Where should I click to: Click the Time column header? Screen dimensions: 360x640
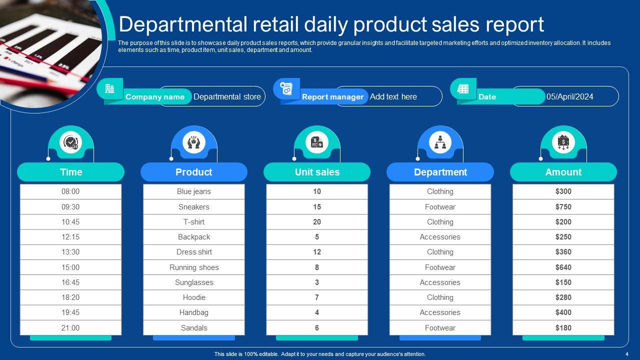click(x=70, y=172)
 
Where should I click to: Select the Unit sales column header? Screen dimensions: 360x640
click(x=317, y=172)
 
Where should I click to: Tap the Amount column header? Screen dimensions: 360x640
click(x=563, y=172)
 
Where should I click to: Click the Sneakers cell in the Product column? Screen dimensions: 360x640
click(x=194, y=207)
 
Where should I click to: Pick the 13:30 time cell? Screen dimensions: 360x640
click(x=70, y=252)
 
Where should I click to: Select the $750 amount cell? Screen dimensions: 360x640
click(x=563, y=207)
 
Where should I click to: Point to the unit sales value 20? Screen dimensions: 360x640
click(x=317, y=222)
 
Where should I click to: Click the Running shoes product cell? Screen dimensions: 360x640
click(x=194, y=267)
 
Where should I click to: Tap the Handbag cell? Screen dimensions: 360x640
click(x=194, y=312)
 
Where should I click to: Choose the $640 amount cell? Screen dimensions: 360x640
click(x=563, y=267)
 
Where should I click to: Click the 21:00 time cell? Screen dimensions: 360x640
click(x=70, y=328)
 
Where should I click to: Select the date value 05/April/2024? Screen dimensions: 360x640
click(x=569, y=96)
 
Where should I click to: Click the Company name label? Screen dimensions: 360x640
click(x=155, y=97)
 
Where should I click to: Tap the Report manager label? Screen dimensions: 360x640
click(x=332, y=97)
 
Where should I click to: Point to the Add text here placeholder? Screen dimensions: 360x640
click(x=393, y=96)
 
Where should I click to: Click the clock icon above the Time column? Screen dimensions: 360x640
click(x=71, y=142)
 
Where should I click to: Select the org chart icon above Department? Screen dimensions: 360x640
click(x=440, y=142)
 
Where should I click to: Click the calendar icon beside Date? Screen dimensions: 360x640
click(x=463, y=89)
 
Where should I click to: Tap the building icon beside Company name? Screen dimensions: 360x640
click(x=109, y=89)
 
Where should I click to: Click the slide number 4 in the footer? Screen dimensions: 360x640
click(x=626, y=354)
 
